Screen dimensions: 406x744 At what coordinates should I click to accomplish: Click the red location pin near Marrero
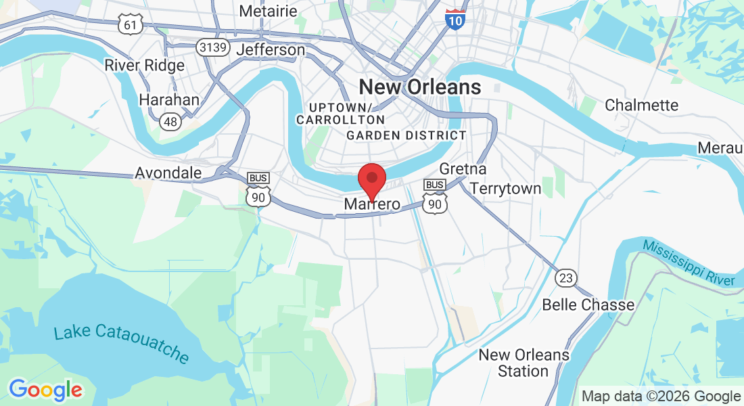pyautogui.click(x=371, y=179)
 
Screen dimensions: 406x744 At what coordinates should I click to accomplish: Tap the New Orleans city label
pyautogui.click(x=419, y=87)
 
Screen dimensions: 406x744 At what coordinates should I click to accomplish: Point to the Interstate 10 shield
pyautogui.click(x=456, y=19)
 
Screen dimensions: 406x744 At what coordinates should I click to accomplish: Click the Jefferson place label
pyautogui.click(x=271, y=50)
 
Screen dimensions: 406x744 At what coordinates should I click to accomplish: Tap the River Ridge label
pyautogui.click(x=144, y=66)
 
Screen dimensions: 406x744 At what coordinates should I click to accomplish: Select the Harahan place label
pyautogui.click(x=169, y=100)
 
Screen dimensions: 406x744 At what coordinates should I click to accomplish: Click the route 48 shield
pyautogui.click(x=170, y=121)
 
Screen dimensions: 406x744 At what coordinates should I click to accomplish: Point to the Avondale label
pyautogui.click(x=168, y=173)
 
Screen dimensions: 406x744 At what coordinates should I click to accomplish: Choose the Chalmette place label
pyautogui.click(x=641, y=106)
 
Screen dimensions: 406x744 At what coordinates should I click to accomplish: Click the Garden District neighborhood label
pyautogui.click(x=406, y=135)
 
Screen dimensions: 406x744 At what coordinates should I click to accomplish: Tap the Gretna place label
pyautogui.click(x=463, y=168)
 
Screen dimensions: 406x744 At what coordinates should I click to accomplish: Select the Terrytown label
pyautogui.click(x=505, y=189)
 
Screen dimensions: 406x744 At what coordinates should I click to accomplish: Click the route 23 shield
pyautogui.click(x=565, y=277)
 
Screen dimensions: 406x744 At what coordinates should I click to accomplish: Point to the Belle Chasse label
pyautogui.click(x=588, y=304)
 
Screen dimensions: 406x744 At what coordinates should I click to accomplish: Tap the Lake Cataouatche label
pyautogui.click(x=121, y=342)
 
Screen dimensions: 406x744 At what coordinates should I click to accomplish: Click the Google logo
pyautogui.click(x=45, y=390)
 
